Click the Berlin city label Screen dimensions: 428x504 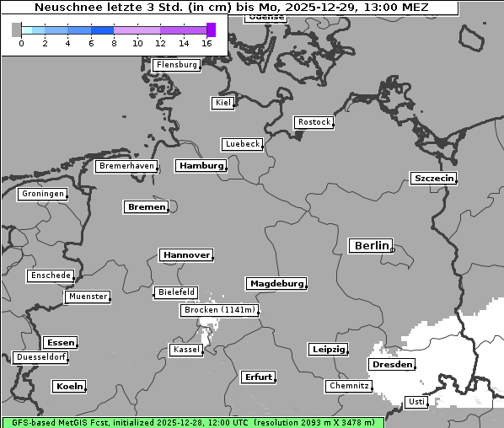point(371,246)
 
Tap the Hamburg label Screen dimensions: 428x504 point(201,166)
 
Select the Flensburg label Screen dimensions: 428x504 point(177,65)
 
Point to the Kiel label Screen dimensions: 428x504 point(223,103)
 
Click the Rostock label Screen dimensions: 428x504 point(314,122)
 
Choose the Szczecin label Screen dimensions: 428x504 point(433,178)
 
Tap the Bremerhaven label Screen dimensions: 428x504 point(126,166)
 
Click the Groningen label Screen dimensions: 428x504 point(42,194)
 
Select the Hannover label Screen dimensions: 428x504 point(185,254)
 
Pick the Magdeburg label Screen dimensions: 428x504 point(276,284)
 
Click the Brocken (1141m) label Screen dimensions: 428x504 point(218,310)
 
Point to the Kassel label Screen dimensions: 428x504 point(185,350)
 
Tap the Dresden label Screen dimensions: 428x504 point(391,365)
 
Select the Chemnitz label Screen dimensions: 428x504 point(348,386)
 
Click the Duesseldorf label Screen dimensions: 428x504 point(41,357)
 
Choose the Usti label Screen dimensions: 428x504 point(416,402)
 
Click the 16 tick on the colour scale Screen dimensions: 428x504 point(207,43)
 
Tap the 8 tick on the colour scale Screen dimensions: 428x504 point(114,43)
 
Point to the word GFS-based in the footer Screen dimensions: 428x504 point(34,422)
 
